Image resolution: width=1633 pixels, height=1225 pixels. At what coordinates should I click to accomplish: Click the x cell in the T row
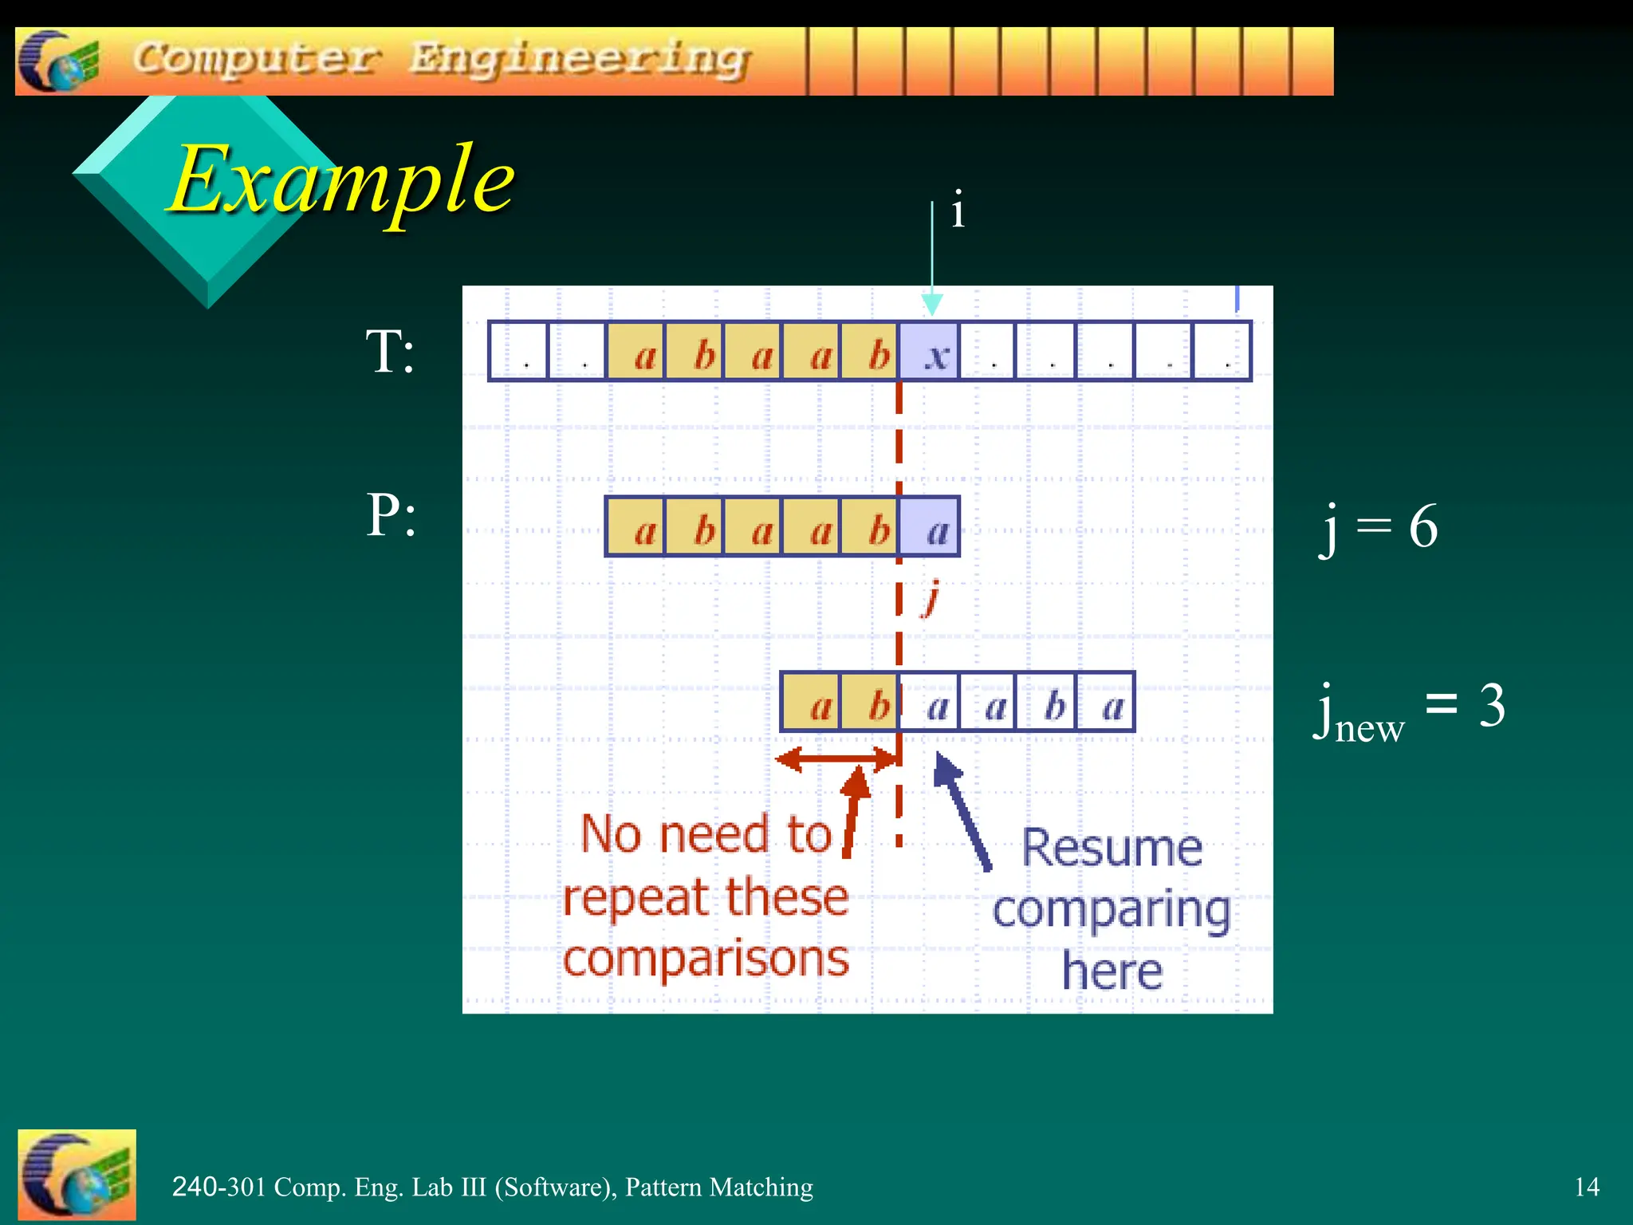tap(930, 353)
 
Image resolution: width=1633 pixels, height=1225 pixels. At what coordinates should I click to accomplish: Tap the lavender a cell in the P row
tap(930, 527)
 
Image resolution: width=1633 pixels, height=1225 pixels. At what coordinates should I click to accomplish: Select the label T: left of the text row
tap(390, 352)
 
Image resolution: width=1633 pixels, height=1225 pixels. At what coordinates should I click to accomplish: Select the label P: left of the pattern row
tap(391, 514)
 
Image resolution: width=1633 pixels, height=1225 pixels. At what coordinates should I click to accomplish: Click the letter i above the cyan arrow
tap(958, 211)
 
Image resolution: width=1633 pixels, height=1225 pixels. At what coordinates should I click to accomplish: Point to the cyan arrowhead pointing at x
tap(932, 305)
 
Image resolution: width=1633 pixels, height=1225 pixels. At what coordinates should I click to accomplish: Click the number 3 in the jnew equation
tap(1492, 705)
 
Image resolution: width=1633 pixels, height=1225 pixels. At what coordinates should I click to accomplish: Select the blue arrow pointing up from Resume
tap(962, 809)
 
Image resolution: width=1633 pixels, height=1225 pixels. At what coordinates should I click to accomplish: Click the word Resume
tap(1112, 848)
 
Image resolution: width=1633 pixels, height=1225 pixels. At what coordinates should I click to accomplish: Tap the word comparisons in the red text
tap(706, 959)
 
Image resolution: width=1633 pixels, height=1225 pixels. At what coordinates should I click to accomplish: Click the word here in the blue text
tap(1112, 972)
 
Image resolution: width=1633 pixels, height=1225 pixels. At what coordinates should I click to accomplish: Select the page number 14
tap(1586, 1187)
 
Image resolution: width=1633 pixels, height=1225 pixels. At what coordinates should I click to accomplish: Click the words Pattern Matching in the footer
tap(718, 1187)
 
